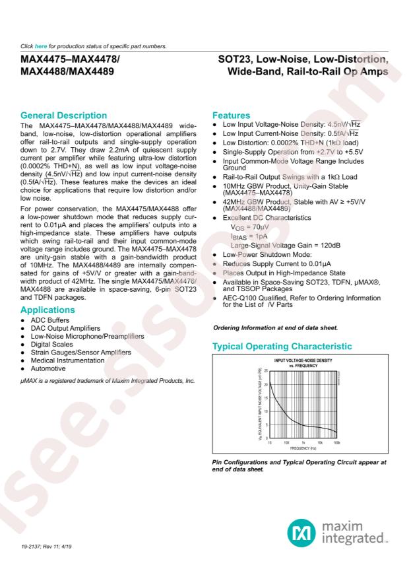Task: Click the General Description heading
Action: coord(63,116)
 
